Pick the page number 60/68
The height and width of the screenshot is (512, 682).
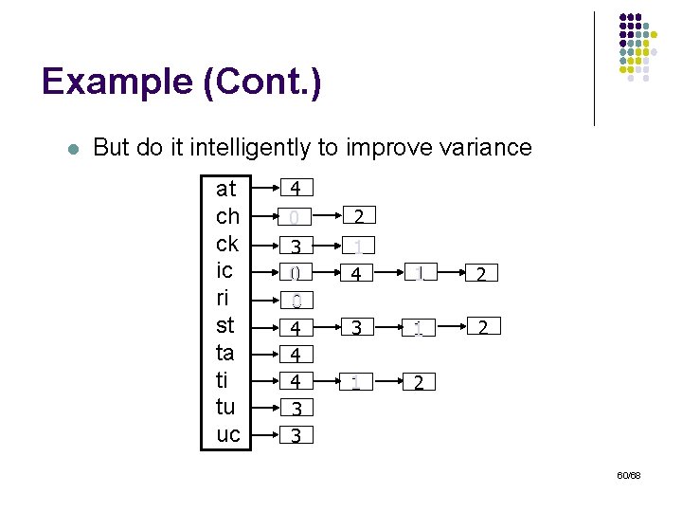(x=628, y=474)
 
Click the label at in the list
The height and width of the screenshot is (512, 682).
(x=226, y=188)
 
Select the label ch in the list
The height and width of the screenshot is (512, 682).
(x=227, y=215)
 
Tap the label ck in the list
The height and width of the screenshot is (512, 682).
(x=227, y=243)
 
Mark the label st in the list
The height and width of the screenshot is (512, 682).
(x=225, y=325)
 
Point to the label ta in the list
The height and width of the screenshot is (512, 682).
(x=225, y=353)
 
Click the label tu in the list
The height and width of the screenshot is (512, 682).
(x=227, y=407)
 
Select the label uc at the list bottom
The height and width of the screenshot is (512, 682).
(x=228, y=434)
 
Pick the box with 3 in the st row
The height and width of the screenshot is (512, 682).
(x=357, y=328)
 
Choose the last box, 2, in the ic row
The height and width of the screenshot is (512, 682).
(x=482, y=274)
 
